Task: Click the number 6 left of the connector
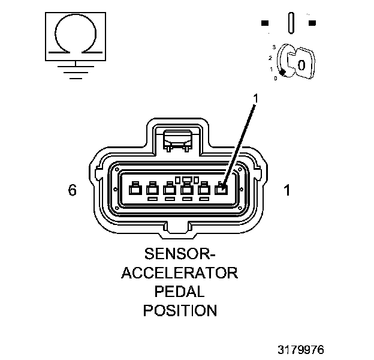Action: click(x=73, y=191)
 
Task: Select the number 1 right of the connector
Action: click(x=286, y=191)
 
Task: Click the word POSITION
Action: click(x=180, y=311)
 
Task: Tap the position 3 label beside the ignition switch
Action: click(x=273, y=46)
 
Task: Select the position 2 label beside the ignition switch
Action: click(x=270, y=58)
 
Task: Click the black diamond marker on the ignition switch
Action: click(x=282, y=73)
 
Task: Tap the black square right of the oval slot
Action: click(x=312, y=23)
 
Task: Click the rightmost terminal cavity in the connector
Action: click(x=221, y=190)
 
